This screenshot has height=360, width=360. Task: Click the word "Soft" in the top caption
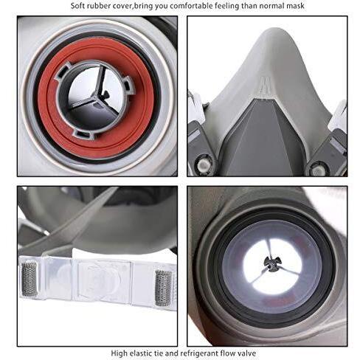pos(77,6)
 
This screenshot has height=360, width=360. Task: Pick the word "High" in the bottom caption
pos(119,353)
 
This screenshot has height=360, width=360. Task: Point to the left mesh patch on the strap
pos(30,279)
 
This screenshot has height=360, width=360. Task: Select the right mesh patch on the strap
pos(163,288)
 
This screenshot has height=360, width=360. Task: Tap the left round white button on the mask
pos(204,165)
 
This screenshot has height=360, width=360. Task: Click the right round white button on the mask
pos(317,169)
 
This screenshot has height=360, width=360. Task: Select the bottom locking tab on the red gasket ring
pos(83,135)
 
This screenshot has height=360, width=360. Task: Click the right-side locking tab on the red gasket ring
pos(128,86)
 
